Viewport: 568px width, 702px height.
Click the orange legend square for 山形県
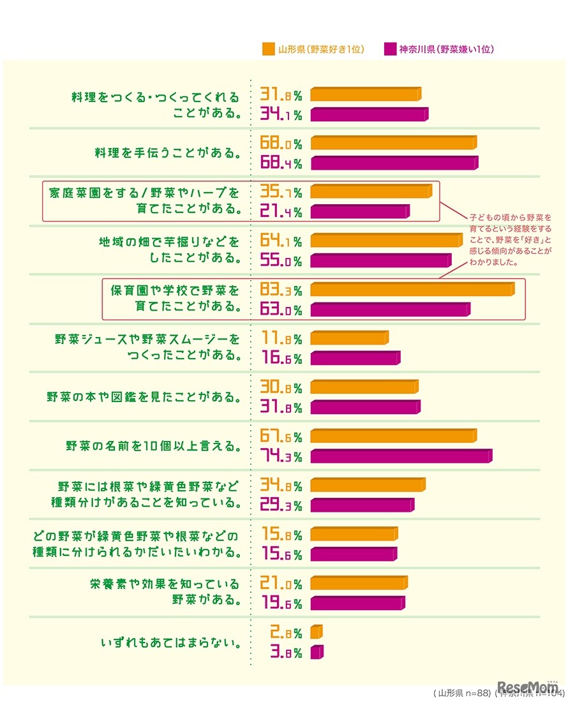268,49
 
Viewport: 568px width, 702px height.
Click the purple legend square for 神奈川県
389,49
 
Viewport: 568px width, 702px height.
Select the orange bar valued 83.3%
412,290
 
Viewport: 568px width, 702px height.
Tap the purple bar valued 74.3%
401,456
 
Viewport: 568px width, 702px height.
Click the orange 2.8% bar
316,632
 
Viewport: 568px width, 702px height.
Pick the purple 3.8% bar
317,652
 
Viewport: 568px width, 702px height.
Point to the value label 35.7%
281,191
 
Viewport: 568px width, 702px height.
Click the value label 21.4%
281,211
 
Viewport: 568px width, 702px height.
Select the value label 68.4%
281,163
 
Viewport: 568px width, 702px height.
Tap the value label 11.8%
281,338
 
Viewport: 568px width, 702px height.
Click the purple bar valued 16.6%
355,358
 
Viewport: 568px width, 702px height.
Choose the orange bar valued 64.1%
386,241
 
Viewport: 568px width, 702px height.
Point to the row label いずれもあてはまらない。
172,642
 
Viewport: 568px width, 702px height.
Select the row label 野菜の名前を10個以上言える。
154,446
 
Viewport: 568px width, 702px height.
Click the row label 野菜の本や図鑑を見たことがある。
144,397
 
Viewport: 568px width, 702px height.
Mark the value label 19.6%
281,603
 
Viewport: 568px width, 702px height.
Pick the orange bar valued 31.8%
366,94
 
